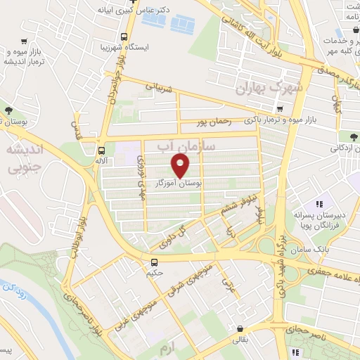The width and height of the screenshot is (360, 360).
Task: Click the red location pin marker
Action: coord(181,165)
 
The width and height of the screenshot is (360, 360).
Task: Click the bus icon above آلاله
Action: coord(102,150)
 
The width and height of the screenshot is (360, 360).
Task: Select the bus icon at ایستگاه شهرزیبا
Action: coord(124,37)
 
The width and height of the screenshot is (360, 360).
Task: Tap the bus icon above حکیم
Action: coord(153,263)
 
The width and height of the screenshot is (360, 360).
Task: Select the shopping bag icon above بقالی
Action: coord(240,328)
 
